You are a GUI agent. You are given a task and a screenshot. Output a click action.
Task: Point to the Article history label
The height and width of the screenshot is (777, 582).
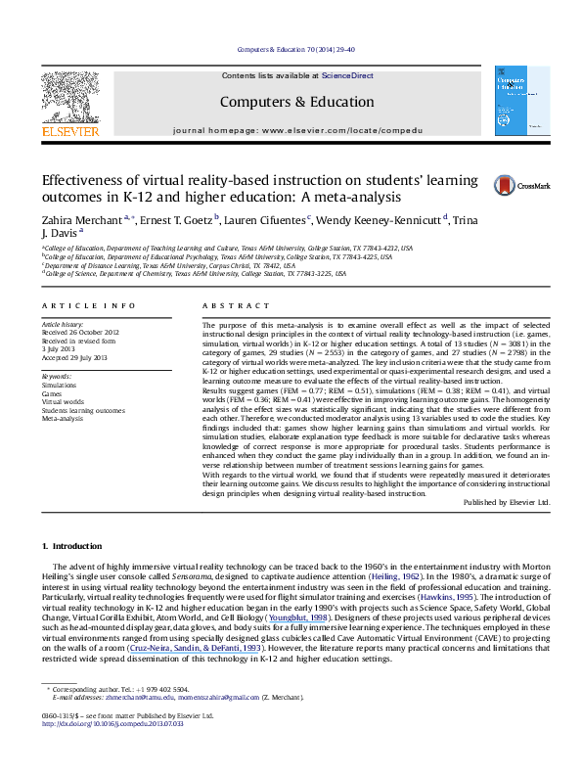click(62, 322)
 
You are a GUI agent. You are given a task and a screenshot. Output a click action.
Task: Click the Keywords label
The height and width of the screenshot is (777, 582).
click(57, 377)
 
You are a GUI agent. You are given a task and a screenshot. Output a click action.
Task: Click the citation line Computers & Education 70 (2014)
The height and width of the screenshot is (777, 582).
click(290, 48)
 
